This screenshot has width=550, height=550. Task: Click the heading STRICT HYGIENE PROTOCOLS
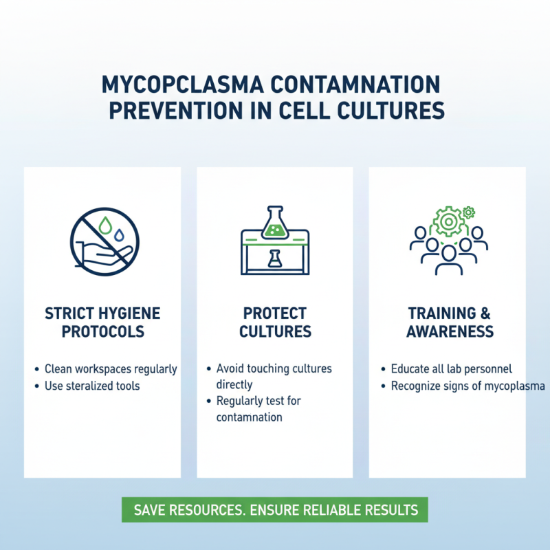click(x=102, y=322)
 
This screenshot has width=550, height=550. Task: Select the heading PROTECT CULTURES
click(x=275, y=322)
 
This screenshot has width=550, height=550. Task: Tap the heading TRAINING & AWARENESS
click(x=450, y=322)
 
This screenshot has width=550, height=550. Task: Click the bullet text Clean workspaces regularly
click(x=111, y=369)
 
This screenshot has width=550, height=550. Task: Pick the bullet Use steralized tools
click(x=92, y=386)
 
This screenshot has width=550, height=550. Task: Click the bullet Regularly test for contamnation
click(x=258, y=408)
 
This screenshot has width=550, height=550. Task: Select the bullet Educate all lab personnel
click(x=452, y=369)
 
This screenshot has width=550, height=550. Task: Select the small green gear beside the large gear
click(x=470, y=212)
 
